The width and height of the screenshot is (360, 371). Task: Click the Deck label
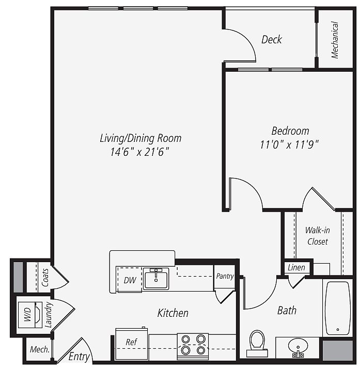(272, 40)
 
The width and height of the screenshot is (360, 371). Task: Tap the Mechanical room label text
(335, 40)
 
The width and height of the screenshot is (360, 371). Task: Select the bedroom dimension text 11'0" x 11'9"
(289, 144)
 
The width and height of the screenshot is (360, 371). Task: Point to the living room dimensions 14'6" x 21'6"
(140, 152)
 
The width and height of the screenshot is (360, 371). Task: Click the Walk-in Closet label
(317, 236)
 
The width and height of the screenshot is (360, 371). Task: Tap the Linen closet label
(296, 268)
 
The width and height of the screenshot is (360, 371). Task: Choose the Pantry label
(225, 276)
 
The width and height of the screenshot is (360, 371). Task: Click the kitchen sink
(156, 279)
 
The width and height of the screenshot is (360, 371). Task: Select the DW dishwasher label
(130, 280)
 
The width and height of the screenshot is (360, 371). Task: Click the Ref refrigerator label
(131, 342)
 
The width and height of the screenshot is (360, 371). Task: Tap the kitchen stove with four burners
(193, 347)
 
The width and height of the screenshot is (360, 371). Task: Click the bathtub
(338, 308)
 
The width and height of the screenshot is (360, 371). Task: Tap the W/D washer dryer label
(27, 314)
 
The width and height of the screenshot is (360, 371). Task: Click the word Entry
(79, 357)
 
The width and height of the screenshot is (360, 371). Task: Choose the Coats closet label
(45, 277)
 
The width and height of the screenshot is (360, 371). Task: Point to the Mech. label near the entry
(40, 349)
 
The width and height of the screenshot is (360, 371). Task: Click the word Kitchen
(173, 313)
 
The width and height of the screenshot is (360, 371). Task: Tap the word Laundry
(48, 315)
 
